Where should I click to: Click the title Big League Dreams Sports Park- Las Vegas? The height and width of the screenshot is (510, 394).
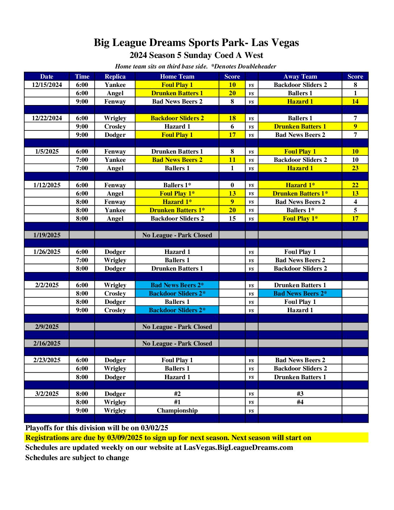coord(196,43)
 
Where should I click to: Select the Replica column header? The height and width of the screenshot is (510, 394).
coord(115,76)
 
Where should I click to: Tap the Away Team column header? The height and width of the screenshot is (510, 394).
coord(300,76)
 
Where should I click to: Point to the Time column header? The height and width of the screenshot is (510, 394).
coord(82,76)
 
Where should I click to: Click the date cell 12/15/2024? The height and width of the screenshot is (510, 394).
coord(47,85)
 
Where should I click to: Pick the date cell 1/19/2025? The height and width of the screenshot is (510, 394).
coord(47,235)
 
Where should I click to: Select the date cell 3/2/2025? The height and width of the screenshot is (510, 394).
coord(47,394)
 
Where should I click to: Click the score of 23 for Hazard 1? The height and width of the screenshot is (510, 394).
coord(355,168)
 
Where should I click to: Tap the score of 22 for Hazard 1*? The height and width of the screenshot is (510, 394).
coord(355,185)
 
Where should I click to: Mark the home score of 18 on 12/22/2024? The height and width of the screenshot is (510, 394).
coord(232,118)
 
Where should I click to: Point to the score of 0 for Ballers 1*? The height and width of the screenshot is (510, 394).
coord(232,185)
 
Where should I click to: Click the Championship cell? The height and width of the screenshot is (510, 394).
coord(177,410)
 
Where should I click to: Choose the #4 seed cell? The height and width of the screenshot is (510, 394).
coord(300,402)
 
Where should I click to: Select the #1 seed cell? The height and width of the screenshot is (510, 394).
coord(177,402)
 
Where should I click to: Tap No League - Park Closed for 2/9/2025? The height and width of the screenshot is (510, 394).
coord(177,327)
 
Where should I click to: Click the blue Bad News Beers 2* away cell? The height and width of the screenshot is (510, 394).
coord(300,293)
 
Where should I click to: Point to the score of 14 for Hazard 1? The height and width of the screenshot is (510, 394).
coord(355,101)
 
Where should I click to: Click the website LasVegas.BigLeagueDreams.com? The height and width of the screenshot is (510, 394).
coord(238,448)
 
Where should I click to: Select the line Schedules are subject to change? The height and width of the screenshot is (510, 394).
coord(77,458)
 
